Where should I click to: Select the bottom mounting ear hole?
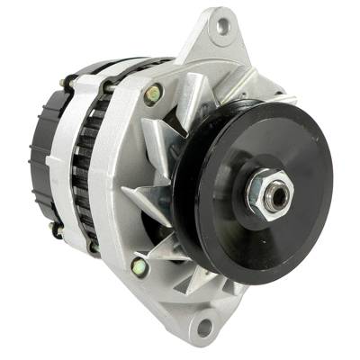[203, 326]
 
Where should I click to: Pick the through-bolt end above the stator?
[107, 87]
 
